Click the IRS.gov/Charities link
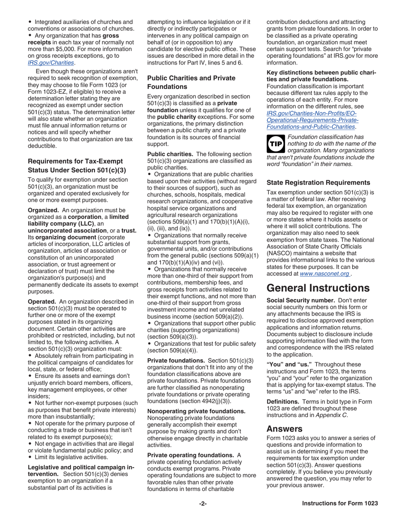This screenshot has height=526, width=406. (50, 62)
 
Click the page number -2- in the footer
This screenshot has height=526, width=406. (203, 503)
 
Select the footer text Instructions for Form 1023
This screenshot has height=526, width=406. (340, 503)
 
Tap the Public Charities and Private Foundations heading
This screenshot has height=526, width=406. (191, 82)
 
